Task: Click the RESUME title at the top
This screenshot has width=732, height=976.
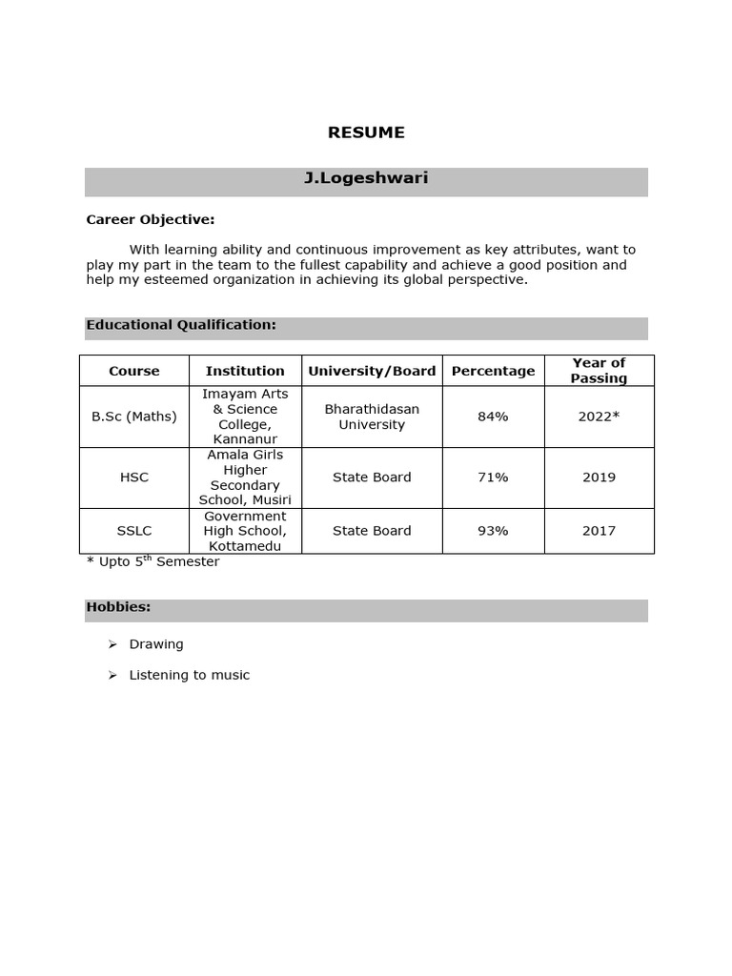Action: (x=366, y=132)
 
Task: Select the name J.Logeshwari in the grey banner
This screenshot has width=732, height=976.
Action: (x=366, y=178)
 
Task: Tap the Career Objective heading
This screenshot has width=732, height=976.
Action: (x=151, y=219)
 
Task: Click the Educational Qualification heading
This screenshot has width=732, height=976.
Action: (x=181, y=325)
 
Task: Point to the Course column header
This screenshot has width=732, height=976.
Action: (x=134, y=371)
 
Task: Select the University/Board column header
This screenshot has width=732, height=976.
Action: (x=372, y=371)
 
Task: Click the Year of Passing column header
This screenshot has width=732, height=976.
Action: (x=599, y=371)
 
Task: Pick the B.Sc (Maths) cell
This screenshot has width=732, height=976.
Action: (x=134, y=417)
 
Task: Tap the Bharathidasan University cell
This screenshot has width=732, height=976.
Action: (x=372, y=417)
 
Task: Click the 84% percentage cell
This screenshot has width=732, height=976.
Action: (x=493, y=417)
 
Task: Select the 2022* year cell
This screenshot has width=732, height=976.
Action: (x=599, y=417)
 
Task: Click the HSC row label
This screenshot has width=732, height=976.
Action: (x=134, y=478)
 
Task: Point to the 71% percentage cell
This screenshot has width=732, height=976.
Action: (x=493, y=478)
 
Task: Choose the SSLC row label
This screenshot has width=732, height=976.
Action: (x=134, y=531)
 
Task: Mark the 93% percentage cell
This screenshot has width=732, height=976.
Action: (x=493, y=531)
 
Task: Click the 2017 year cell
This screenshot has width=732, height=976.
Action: (x=599, y=531)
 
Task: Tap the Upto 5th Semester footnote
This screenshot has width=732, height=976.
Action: (x=153, y=561)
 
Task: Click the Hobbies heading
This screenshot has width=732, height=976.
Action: (x=119, y=607)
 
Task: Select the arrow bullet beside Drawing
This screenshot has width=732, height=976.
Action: (x=112, y=644)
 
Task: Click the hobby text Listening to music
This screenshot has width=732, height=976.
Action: (x=190, y=675)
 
